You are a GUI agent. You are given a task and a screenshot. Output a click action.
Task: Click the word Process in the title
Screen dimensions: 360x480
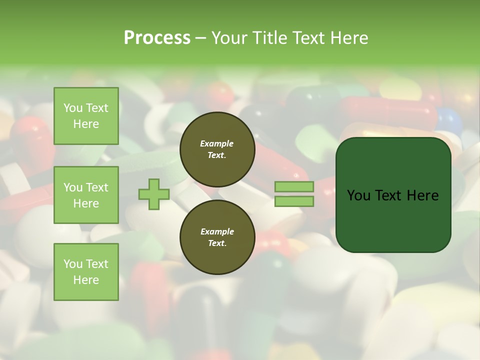tap(157, 38)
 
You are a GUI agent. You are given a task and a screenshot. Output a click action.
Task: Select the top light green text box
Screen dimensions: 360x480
tap(86, 116)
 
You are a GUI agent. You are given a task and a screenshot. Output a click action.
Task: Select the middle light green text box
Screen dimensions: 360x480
tap(86, 195)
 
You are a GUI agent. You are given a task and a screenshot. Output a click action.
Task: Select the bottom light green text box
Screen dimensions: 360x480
tap(86, 272)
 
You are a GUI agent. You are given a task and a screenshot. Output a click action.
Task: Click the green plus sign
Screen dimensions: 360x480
tap(154, 194)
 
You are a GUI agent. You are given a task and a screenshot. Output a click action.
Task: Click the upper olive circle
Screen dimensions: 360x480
tap(217, 149)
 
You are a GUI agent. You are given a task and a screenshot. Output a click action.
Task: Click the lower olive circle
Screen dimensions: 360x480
tap(217, 237)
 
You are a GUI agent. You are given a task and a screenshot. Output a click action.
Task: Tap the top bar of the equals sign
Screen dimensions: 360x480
tap(294, 186)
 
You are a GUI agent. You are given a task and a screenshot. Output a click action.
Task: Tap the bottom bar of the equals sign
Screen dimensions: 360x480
tap(294, 201)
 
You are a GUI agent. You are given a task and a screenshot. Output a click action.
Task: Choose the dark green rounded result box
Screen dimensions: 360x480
tap(393, 195)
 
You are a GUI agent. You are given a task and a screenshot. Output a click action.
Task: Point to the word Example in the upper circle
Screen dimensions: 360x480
tap(217, 144)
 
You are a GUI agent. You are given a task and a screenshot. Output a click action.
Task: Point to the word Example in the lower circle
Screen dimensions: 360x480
tap(217, 232)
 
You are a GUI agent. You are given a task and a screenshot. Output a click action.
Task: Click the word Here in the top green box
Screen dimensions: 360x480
tap(86, 124)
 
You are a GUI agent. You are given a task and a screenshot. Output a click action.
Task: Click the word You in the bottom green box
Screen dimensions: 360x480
tap(73, 264)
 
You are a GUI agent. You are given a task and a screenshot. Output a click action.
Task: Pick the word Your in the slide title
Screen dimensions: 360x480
tap(229, 38)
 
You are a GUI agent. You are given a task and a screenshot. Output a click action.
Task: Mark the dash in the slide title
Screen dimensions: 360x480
tap(201, 38)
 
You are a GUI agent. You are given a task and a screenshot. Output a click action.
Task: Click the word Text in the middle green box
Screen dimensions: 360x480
tap(97, 187)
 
